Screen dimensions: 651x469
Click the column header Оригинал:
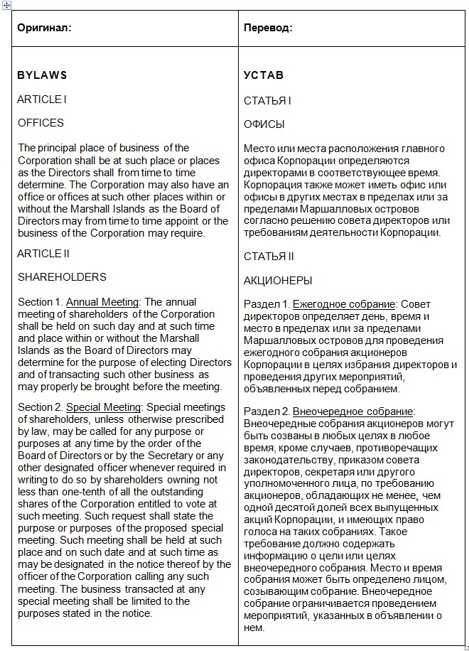45,28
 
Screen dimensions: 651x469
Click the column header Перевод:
268,28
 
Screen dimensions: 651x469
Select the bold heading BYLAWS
42,75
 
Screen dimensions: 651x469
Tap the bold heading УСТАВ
264,75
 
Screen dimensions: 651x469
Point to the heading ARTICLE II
44,254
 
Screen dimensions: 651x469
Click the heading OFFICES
41,123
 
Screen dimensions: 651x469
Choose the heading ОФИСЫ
264,124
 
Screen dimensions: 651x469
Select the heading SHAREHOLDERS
62,277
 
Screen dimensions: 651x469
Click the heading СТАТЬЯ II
269,257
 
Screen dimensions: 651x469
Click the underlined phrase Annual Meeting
103,302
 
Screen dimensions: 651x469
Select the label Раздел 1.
266,304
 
